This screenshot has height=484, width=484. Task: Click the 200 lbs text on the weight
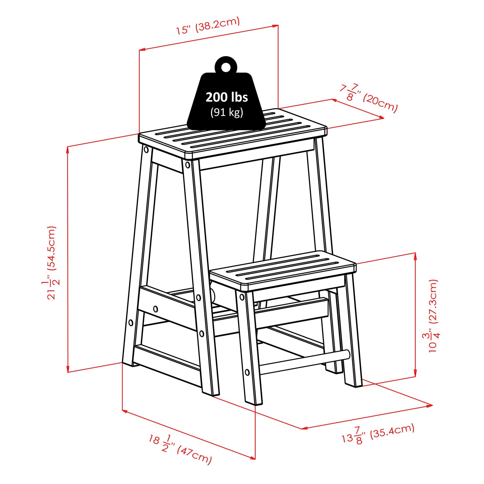coord(227,97)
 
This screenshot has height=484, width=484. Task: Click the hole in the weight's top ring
coord(226,67)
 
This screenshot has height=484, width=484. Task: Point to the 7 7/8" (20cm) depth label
coord(368,98)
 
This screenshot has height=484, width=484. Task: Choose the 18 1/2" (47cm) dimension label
coord(181,449)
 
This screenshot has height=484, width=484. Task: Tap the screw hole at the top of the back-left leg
coord(146,150)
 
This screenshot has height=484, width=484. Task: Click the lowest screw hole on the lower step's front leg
coord(247,372)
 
